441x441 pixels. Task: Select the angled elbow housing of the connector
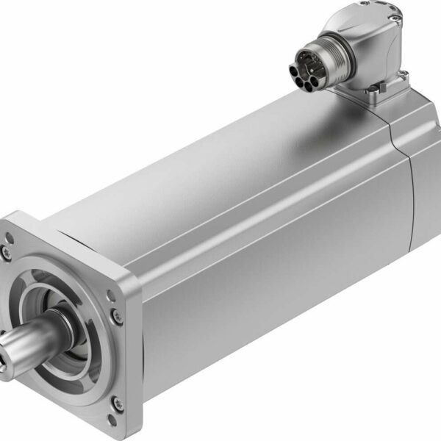pyautogui.click(x=367, y=44)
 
